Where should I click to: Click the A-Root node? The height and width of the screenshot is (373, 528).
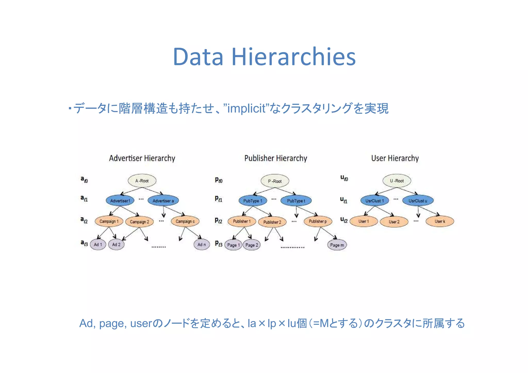pyautogui.click(x=142, y=181)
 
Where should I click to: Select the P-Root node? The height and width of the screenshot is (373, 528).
pyautogui.click(x=275, y=181)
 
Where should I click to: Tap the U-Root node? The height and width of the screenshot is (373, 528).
pyautogui.click(x=397, y=181)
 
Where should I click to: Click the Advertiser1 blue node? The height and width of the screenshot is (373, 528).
pyautogui.click(x=120, y=201)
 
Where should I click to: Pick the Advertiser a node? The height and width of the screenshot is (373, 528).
pyautogui.click(x=163, y=201)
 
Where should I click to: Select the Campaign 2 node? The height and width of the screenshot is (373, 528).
pyautogui.click(x=139, y=222)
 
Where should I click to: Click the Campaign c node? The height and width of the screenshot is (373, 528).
pyautogui.click(x=185, y=221)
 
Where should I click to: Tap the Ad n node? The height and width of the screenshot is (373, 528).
pyautogui.click(x=202, y=244)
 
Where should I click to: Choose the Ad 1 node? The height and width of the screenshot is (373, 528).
pyautogui.click(x=98, y=244)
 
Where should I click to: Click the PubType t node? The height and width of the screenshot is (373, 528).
pyautogui.click(x=296, y=201)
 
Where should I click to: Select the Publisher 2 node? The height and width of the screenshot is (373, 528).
pyautogui.click(x=272, y=222)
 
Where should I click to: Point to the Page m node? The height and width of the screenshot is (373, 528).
pyautogui.click(x=337, y=245)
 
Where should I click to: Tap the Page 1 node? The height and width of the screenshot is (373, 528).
pyautogui.click(x=233, y=245)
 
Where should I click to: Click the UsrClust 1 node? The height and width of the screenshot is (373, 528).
pyautogui.click(x=375, y=201)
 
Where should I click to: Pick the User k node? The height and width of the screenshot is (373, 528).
pyautogui.click(x=440, y=221)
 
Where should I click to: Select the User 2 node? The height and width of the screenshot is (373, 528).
pyautogui.click(x=394, y=222)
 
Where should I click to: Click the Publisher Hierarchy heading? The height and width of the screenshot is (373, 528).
pyautogui.click(x=276, y=158)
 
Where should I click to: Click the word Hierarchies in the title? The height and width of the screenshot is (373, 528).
pyautogui.click(x=294, y=57)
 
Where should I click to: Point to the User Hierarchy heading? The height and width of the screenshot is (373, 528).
pyautogui.click(x=395, y=158)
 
